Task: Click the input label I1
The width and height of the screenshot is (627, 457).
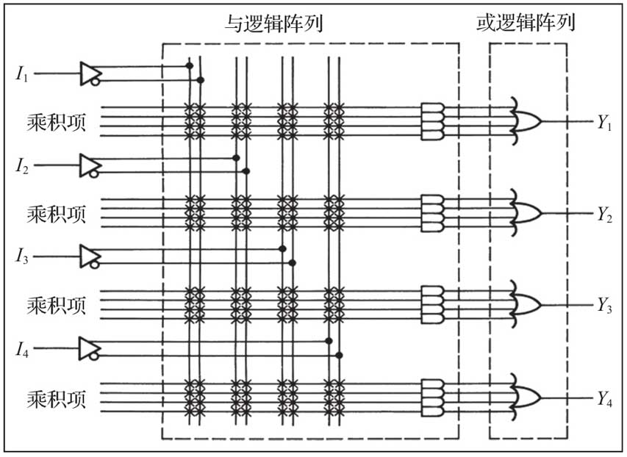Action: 21,73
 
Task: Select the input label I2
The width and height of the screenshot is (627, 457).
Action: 21,165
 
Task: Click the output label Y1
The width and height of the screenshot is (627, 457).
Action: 604,123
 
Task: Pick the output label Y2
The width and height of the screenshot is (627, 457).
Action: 604,214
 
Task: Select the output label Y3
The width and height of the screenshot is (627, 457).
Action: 604,305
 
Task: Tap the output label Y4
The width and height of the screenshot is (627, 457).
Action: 604,400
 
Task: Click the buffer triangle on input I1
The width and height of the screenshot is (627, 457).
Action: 90,73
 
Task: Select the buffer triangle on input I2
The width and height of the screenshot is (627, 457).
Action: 90,165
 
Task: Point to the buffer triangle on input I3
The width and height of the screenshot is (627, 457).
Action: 90,256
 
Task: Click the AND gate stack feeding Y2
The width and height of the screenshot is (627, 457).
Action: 432,212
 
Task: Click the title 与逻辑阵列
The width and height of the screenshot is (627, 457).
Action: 274,25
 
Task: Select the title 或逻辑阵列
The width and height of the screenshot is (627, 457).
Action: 526,24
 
